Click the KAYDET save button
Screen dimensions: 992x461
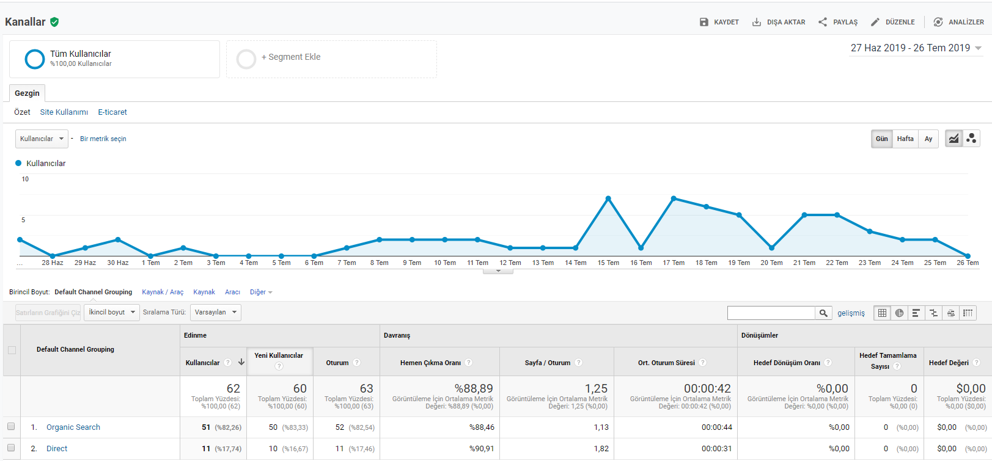(719, 22)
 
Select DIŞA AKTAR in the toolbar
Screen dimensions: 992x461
(779, 22)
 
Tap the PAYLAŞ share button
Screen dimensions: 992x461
(838, 22)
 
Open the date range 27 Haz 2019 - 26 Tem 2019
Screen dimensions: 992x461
(916, 48)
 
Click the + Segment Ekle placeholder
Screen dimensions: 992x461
(331, 59)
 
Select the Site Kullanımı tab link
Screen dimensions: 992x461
(64, 112)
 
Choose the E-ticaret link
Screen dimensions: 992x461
(112, 112)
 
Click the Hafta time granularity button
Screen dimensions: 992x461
(905, 139)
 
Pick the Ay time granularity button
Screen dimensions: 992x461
(928, 139)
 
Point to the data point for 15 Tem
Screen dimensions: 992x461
(609, 198)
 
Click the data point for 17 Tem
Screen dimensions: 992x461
(674, 198)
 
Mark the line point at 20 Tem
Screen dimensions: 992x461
(772, 248)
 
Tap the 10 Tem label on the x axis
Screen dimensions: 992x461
(444, 263)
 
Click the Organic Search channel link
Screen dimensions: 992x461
(73, 427)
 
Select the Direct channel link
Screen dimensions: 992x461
(57, 449)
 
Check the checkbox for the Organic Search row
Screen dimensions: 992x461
(11, 426)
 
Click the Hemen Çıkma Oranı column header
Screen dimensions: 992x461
(430, 363)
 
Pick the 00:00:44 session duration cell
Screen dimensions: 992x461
(716, 427)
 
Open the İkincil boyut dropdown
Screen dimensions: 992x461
(112, 313)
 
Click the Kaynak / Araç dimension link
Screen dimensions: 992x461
(163, 292)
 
